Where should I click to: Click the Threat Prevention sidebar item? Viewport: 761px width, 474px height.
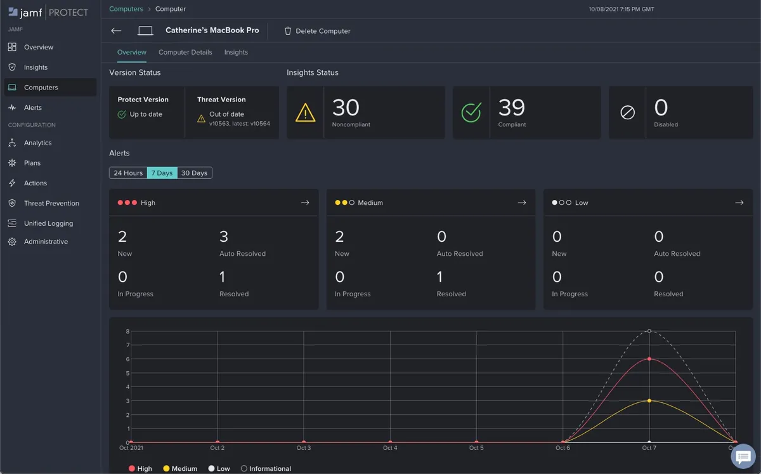[51, 203]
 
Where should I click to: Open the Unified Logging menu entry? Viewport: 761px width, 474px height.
[48, 223]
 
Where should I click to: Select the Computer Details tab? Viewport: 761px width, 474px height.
[185, 52]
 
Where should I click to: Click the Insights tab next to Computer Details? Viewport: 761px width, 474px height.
[236, 52]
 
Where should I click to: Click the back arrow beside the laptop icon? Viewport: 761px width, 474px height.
[116, 30]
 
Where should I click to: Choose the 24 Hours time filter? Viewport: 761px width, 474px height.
[128, 173]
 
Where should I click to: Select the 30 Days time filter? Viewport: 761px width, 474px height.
[194, 173]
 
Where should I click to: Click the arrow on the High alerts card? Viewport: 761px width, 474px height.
[305, 202]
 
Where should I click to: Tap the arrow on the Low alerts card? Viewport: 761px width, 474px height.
[739, 202]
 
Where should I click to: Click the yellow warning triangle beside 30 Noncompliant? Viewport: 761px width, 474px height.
[305, 113]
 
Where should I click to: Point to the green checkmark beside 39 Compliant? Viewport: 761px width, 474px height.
[471, 113]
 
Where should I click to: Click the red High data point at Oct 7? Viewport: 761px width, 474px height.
[649, 359]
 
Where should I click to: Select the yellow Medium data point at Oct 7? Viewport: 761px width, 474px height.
[649, 400]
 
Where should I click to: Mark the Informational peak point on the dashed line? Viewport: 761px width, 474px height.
[649, 331]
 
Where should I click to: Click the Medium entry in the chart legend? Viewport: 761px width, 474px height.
[180, 468]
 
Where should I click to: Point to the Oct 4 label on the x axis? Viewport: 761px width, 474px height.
[390, 448]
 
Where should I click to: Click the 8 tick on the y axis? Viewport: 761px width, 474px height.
[127, 331]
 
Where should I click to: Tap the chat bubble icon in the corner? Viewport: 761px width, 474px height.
[743, 456]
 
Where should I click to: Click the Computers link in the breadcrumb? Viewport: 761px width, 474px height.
[126, 9]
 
